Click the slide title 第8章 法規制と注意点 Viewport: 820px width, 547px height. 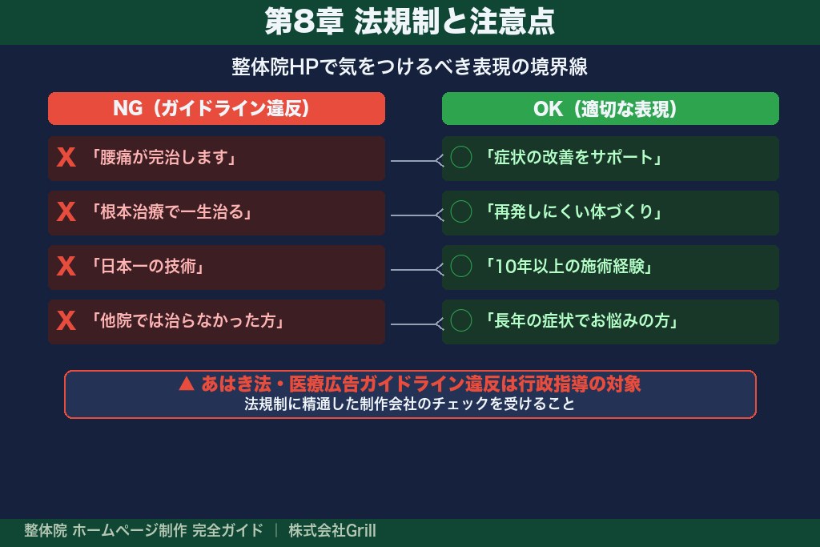[x=409, y=22]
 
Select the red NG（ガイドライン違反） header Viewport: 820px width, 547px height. [x=216, y=109]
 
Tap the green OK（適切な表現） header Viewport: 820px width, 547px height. [x=610, y=109]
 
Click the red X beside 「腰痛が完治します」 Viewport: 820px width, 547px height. [x=66, y=158]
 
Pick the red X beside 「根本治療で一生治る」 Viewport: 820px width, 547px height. [x=66, y=212]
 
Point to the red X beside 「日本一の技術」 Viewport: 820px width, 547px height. [x=66, y=267]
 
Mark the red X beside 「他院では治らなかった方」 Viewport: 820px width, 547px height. [x=66, y=321]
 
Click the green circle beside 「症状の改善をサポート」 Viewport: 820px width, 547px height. [x=461, y=158]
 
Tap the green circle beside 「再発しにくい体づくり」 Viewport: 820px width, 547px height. [x=461, y=212]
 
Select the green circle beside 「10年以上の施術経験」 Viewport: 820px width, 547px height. [x=461, y=267]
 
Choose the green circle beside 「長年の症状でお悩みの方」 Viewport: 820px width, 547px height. [x=461, y=321]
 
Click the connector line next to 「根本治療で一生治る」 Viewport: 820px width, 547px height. [x=415, y=215]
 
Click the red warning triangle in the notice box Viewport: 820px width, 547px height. [x=187, y=384]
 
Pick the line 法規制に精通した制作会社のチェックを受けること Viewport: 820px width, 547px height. [x=410, y=404]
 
